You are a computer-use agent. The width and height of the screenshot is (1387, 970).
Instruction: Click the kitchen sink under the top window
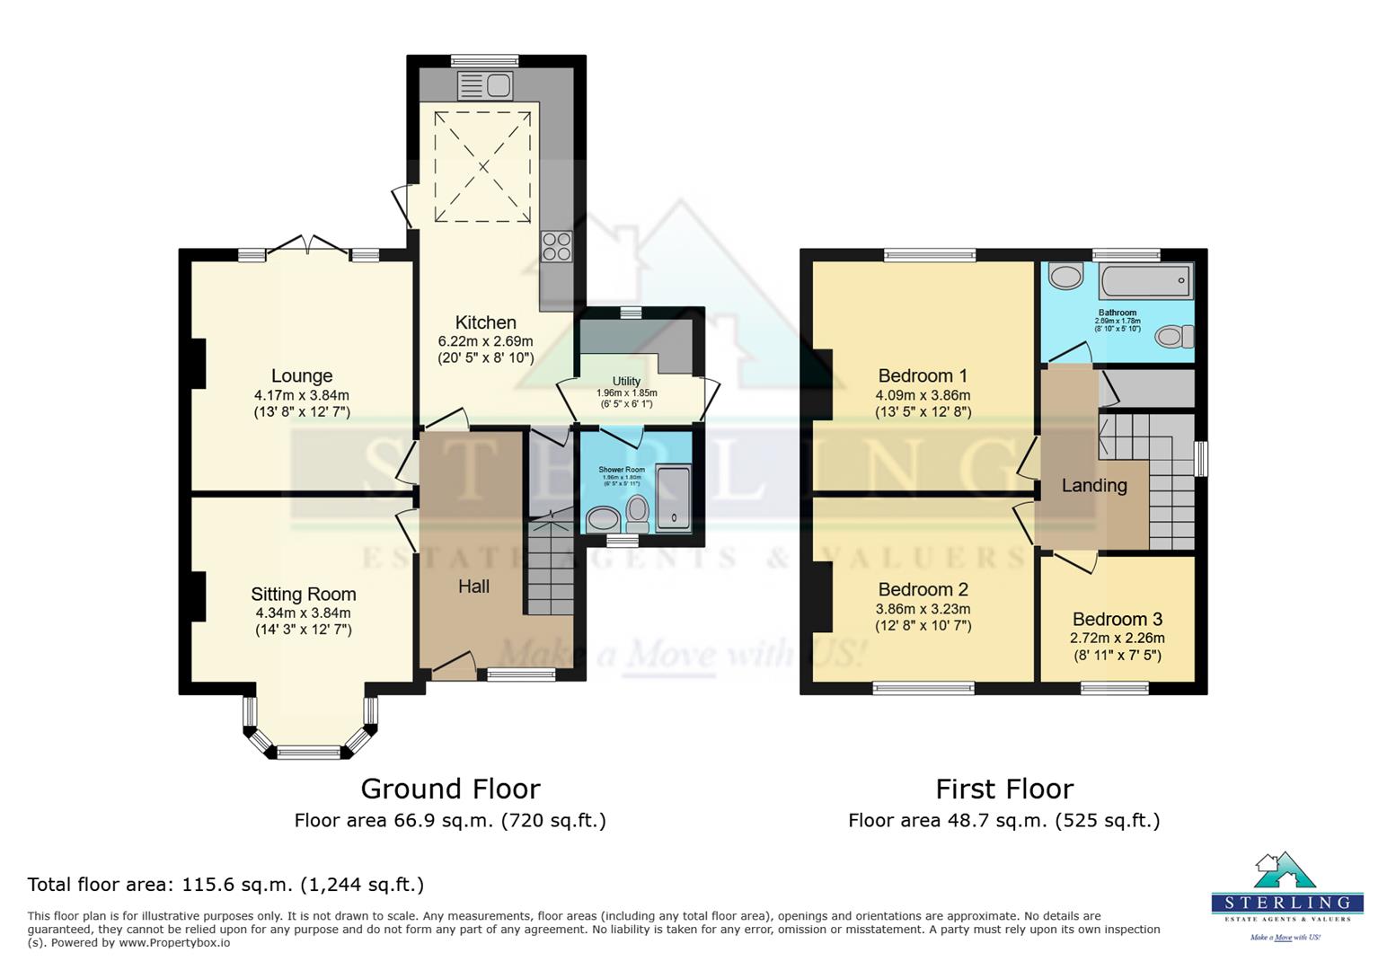tap(485, 86)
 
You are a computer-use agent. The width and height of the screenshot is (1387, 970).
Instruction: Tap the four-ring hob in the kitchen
tap(556, 246)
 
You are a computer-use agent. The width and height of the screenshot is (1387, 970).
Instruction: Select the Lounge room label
tap(302, 375)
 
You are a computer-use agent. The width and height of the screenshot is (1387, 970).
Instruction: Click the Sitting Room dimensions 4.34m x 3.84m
tap(303, 613)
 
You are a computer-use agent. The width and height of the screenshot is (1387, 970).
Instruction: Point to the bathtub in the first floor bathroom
tap(1146, 281)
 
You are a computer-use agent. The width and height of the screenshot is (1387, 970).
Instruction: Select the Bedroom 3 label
tap(1117, 619)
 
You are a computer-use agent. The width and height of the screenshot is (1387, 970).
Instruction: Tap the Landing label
tap(1093, 485)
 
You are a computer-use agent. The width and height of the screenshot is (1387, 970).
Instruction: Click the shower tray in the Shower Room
tap(674, 499)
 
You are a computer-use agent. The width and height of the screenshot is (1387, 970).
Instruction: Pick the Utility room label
tap(626, 381)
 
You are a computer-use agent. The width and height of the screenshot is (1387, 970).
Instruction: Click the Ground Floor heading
tap(450, 789)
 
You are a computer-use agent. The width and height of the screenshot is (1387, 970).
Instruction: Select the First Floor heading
tap(1003, 789)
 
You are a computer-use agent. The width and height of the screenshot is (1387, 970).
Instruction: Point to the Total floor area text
tap(225, 884)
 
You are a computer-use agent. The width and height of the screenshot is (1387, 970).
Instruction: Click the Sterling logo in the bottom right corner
tap(1286, 895)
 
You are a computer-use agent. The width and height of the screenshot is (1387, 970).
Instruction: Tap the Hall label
tap(473, 586)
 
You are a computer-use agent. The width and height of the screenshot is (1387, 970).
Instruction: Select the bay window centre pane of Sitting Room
tap(308, 752)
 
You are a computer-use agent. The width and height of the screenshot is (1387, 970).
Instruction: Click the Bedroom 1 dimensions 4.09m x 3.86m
tap(923, 394)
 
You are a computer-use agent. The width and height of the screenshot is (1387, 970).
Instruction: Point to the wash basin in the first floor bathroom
tap(1066, 276)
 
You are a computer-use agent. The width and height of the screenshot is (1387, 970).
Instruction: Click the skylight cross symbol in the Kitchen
tap(482, 166)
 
